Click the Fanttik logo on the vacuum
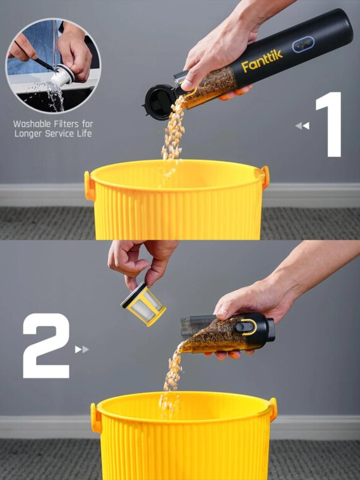pyautogui.click(x=261, y=61)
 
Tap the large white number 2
pyautogui.click(x=46, y=345)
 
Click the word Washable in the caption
pyautogui.click(x=32, y=124)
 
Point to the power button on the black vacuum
pyautogui.click(x=303, y=45)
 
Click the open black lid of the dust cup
pyautogui.click(x=159, y=102)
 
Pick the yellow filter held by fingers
pyautogui.click(x=143, y=304)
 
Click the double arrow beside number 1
pyautogui.click(x=302, y=126)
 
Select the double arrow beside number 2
pyautogui.click(x=82, y=349)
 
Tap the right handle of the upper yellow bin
pyautogui.click(x=265, y=177)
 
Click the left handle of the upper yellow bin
pyautogui.click(x=90, y=186)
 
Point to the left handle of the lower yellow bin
pyautogui.click(x=96, y=418)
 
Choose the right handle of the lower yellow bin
pyautogui.click(x=273, y=409)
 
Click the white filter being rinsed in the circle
pyautogui.click(x=63, y=75)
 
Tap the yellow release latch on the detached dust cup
pyautogui.click(x=248, y=327)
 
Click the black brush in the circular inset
pyautogui.click(x=45, y=64)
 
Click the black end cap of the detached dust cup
pyautogui.click(x=270, y=330)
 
